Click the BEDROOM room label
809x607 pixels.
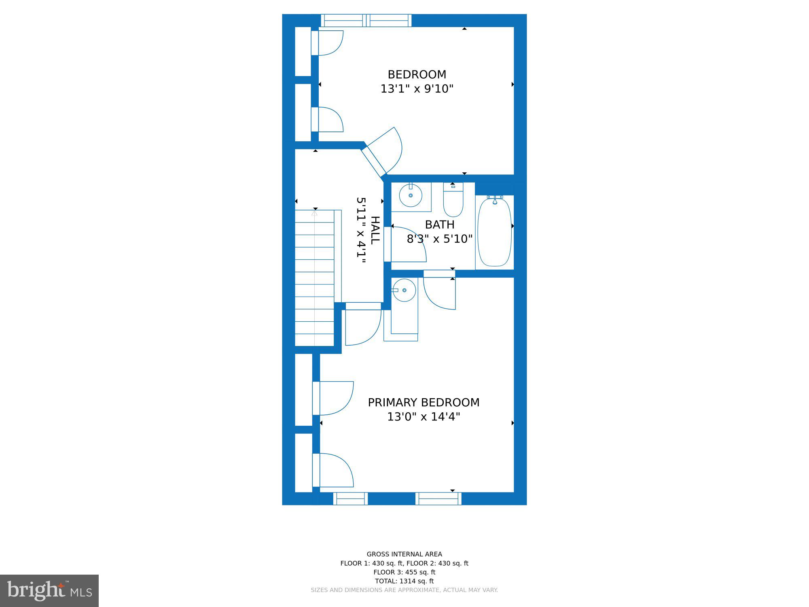coord(417,74)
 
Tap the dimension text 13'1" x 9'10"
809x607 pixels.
coord(417,89)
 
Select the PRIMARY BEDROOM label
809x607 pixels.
coord(423,403)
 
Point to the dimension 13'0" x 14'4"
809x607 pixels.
coord(423,417)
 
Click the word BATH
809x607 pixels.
coord(439,225)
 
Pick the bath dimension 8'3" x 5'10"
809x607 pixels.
coord(439,239)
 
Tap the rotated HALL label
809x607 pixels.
coord(375,230)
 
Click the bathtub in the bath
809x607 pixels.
coord(494,232)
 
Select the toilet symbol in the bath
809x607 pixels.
coord(453,200)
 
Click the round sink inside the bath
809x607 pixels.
coord(411,196)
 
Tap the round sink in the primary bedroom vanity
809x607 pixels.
coord(404,290)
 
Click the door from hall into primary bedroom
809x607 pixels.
coord(363,324)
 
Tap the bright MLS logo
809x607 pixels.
coord(49,591)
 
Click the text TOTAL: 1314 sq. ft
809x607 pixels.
coord(404,581)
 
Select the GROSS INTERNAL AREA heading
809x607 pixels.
coord(404,554)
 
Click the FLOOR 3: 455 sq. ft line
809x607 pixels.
coord(404,572)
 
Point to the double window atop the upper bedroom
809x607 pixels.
coord(366,20)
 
